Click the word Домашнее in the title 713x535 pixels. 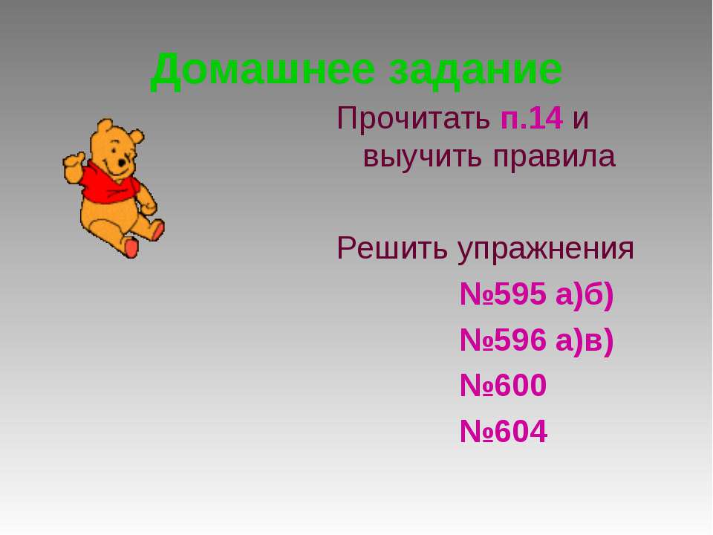pyautogui.click(x=262, y=71)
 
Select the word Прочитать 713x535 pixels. pyautogui.click(x=414, y=118)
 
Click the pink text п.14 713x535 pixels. pyautogui.click(x=532, y=119)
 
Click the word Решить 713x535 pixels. pyautogui.click(x=392, y=249)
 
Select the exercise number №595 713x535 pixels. pyautogui.click(x=503, y=294)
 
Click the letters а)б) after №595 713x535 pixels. pyautogui.click(x=585, y=295)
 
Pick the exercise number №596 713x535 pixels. pyautogui.click(x=503, y=340)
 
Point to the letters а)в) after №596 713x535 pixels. pyautogui.click(x=585, y=341)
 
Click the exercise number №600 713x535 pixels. pyautogui.click(x=503, y=386)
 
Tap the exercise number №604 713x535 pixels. pyautogui.click(x=503, y=431)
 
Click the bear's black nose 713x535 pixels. pyautogui.click(x=122, y=163)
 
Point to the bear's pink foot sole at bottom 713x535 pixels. pyautogui.click(x=131, y=248)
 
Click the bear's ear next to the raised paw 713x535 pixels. pyautogui.click(x=104, y=126)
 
